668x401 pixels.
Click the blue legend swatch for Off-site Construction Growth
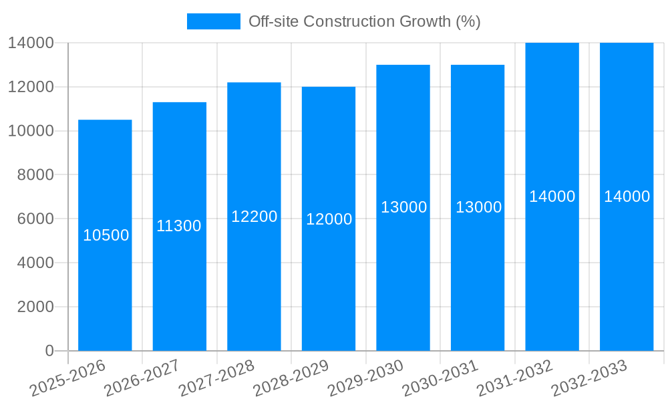[213, 21]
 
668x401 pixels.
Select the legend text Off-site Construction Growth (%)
[364, 21]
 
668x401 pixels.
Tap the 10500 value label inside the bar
[106, 235]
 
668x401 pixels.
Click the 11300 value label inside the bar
[179, 226]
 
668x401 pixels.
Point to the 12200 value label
[254, 217]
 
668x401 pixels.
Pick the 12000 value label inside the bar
[329, 219]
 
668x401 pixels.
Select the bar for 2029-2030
[403, 207]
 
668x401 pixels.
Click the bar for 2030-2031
[478, 207]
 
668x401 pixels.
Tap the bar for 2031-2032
[552, 196]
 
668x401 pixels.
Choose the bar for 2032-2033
[627, 196]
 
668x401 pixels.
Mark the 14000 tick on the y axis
[31, 43]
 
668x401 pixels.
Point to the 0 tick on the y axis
[49, 351]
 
